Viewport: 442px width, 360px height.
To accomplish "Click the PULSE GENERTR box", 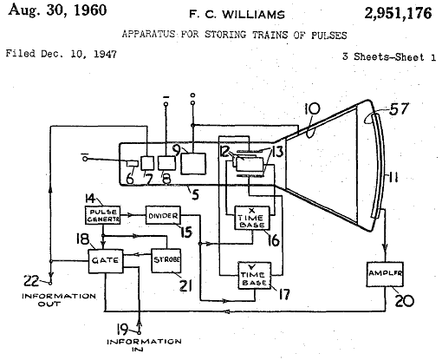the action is pyautogui.click(x=103, y=215).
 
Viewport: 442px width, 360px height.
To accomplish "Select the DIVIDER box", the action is pyautogui.click(x=163, y=215).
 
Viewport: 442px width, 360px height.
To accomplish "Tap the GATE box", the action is pyautogui.click(x=106, y=261).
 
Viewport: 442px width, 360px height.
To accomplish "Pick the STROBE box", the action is pyautogui.click(x=166, y=260).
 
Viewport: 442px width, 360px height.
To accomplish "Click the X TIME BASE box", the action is pyautogui.click(x=252, y=218).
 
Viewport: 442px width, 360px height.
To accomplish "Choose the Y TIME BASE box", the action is pyautogui.click(x=255, y=275).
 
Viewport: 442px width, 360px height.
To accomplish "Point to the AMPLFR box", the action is pyautogui.click(x=385, y=274).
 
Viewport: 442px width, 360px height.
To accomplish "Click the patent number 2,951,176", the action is pyautogui.click(x=398, y=13).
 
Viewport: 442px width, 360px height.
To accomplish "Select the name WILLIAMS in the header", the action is pyautogui.click(x=253, y=14).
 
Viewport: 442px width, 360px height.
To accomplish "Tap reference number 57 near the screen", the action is pyautogui.click(x=399, y=109).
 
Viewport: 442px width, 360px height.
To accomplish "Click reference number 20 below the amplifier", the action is pyautogui.click(x=405, y=300).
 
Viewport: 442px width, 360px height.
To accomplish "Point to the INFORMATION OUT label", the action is pyautogui.click(x=59, y=300).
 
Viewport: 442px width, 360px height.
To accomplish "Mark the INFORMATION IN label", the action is pyautogui.click(x=144, y=345).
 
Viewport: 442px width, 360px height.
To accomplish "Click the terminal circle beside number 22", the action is pyautogui.click(x=50, y=284).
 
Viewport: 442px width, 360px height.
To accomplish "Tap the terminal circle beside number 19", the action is pyautogui.click(x=139, y=332).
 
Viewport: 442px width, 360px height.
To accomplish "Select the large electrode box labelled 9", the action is pyautogui.click(x=193, y=164).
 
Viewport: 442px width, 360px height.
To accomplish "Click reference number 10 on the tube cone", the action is pyautogui.click(x=312, y=109).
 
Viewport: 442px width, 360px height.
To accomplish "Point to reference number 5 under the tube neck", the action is pyautogui.click(x=196, y=194).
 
